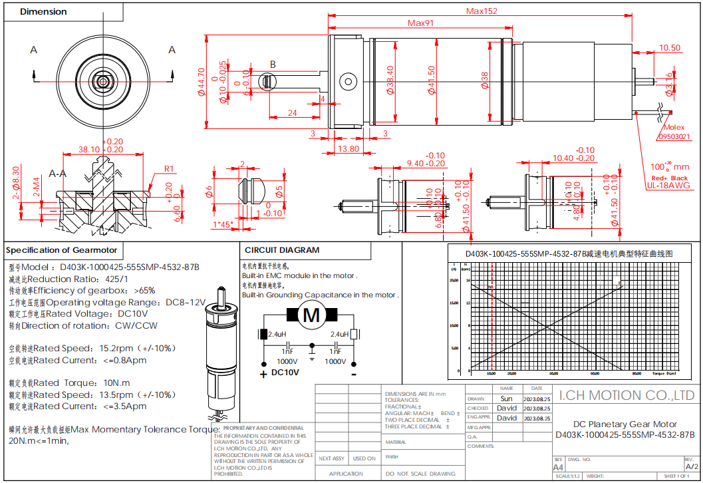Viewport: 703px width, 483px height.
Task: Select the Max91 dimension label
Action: (420, 23)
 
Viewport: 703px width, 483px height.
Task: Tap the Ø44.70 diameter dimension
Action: (201, 83)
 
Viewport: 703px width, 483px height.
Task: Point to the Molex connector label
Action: (673, 128)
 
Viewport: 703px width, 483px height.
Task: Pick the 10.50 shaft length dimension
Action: (669, 48)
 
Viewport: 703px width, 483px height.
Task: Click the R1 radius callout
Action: (169, 168)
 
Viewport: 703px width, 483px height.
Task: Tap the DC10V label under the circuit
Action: (285, 373)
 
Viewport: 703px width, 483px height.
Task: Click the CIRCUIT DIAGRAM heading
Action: (282, 250)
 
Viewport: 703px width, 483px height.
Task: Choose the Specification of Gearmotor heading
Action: (61, 250)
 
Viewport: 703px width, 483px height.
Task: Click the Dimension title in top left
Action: (43, 11)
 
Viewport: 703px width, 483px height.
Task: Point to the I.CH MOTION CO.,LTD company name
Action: (627, 396)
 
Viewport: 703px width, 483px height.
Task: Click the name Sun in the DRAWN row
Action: (506, 399)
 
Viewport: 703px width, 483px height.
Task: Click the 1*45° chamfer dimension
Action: (222, 225)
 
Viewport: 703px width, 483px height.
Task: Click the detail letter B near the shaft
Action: (272, 65)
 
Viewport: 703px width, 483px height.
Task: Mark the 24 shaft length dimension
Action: (292, 113)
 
